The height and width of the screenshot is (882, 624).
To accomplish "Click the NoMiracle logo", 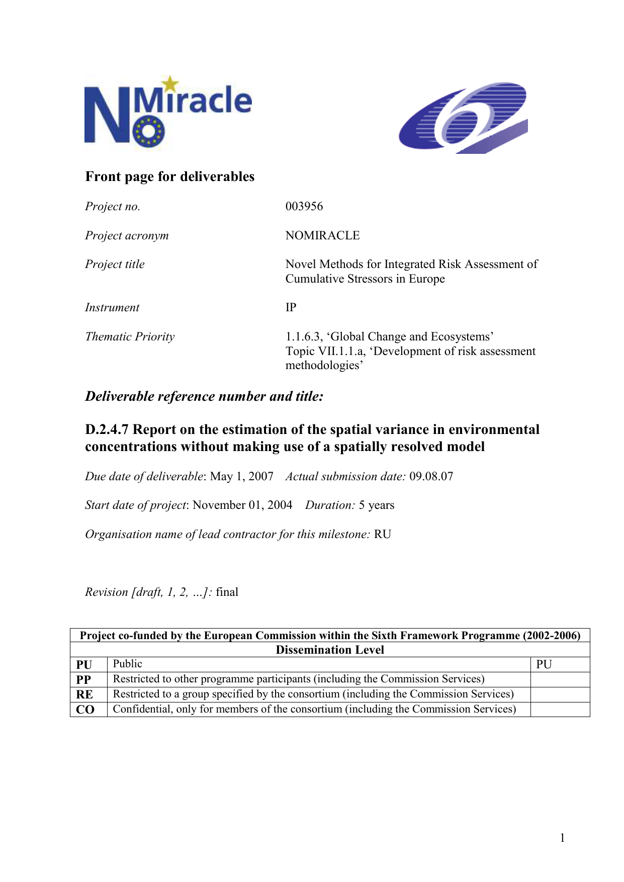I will [167, 112].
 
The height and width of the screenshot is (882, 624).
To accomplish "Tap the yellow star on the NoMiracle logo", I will [170, 84].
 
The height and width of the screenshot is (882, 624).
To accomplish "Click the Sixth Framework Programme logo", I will [463, 118].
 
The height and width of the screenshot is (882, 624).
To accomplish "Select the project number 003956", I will [304, 206].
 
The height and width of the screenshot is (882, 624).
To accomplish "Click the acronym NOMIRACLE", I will [322, 235].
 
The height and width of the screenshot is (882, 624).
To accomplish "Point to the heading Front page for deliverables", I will [170, 177].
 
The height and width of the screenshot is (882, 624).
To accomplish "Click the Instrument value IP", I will [291, 307].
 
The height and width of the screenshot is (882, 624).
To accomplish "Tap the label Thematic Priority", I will [130, 336].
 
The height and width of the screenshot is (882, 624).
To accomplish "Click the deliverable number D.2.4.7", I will [107, 429].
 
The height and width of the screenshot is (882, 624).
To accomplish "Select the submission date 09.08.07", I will [431, 476].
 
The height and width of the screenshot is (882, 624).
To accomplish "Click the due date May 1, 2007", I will [241, 476].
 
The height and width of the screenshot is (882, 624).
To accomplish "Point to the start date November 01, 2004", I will [242, 505].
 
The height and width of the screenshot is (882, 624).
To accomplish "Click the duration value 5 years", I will [376, 505].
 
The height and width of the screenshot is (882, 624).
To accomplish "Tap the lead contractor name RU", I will [382, 534].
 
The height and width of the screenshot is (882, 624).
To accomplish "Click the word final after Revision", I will [227, 592].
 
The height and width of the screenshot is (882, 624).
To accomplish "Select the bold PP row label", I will [83, 680].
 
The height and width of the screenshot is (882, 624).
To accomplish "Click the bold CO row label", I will [85, 710].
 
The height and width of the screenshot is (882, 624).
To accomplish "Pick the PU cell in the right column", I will [544, 664].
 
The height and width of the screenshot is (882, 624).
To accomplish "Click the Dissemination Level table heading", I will [330, 650].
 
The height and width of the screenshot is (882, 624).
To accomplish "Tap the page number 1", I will [562, 838].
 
